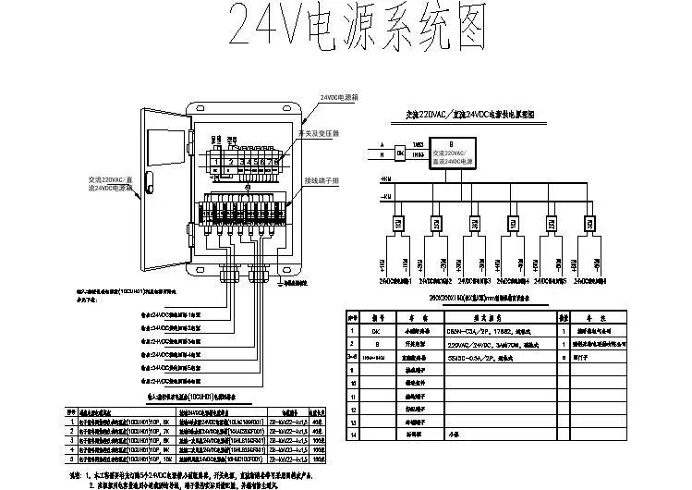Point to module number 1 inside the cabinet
[214, 159]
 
